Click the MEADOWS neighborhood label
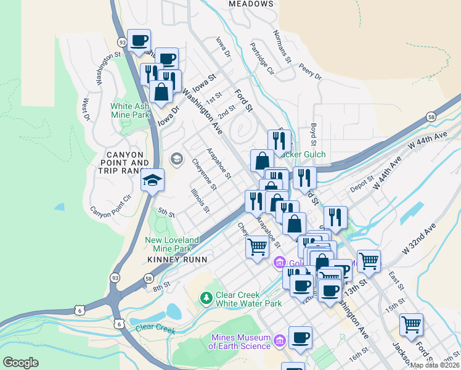250,4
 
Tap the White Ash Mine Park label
130,110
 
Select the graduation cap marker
152,180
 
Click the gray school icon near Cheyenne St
177,160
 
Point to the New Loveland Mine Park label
172,244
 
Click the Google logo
20,363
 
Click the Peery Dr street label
309,69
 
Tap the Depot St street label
362,183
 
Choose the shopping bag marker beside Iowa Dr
161,92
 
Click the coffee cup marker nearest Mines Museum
300,338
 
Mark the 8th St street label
161,287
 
